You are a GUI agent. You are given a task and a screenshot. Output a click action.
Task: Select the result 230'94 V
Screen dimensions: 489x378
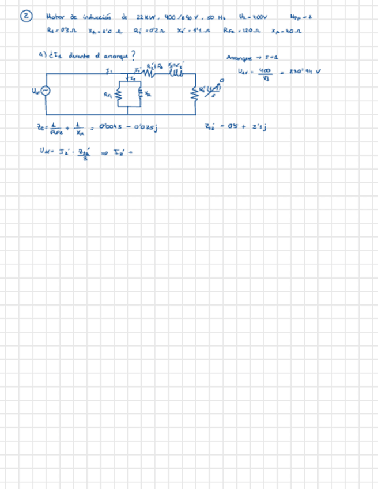coord(304,72)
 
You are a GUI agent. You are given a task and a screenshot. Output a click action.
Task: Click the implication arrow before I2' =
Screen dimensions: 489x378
coord(106,152)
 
